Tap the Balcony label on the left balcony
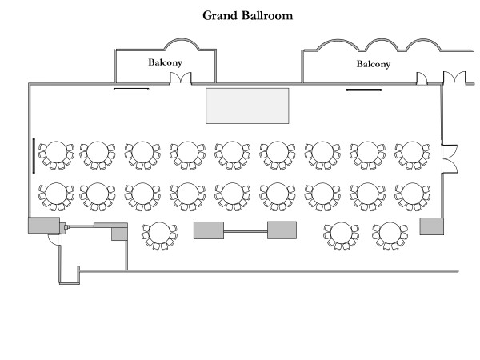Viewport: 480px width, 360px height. coord(164,61)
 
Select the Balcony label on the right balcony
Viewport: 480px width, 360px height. coord(373,64)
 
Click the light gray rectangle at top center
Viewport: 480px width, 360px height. coord(247,106)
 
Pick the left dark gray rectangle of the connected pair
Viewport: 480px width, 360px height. coord(209,230)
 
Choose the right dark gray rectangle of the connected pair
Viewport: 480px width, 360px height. coord(282,230)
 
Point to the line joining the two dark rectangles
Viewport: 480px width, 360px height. coord(246,232)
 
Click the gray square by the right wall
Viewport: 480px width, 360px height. coord(431,225)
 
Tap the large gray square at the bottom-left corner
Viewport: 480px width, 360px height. coord(44,225)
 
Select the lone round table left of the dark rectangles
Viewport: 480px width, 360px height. coord(158,234)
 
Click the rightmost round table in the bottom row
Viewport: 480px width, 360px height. coord(389,234)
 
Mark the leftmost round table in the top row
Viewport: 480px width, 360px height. coord(57,152)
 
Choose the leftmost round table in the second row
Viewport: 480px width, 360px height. coord(57,194)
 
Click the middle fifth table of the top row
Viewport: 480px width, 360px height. coord(232,152)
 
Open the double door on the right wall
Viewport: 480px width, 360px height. coord(450,158)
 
